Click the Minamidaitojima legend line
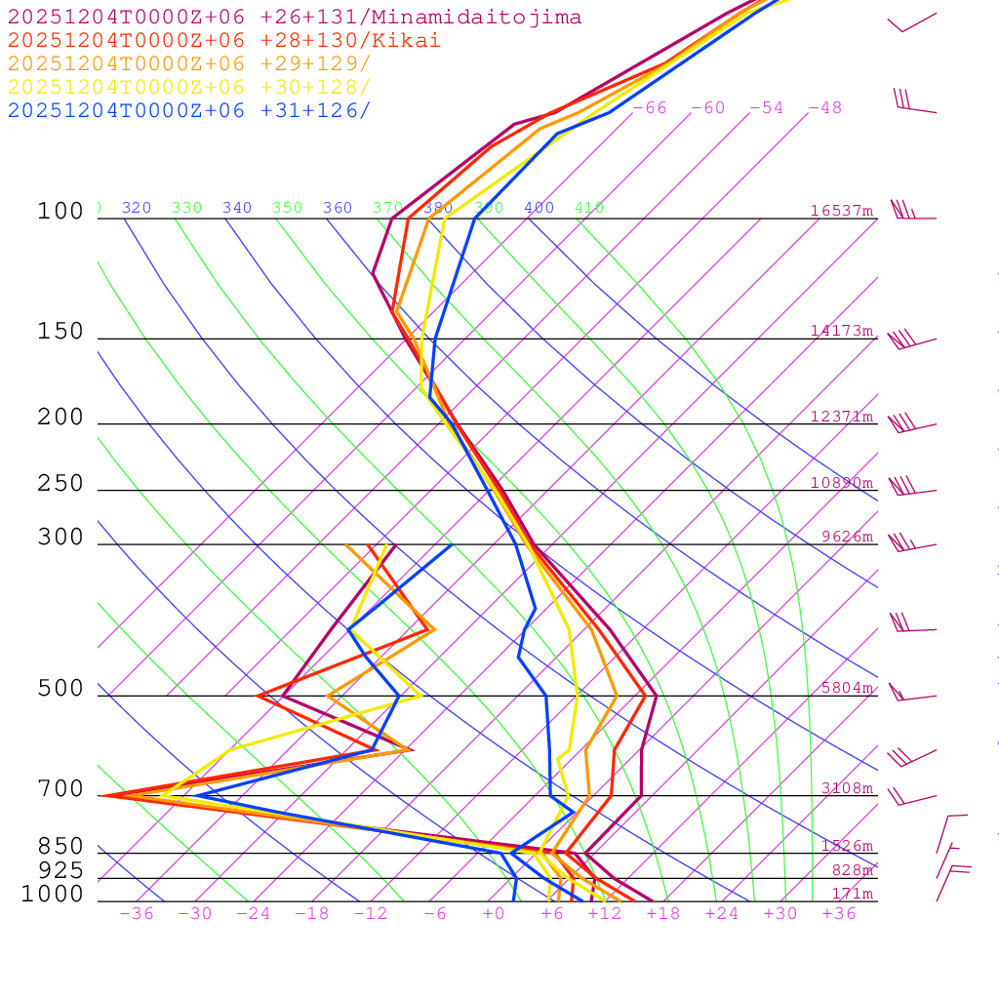pos(295,18)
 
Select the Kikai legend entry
pos(224,41)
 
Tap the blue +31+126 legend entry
pos(189,110)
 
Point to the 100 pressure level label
pos(60,212)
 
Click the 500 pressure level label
pos(60,689)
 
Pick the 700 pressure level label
pos(60,789)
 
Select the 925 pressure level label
pos(60,869)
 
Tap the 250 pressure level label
pos(60,484)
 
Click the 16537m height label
pos(842,211)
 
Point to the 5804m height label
pos(847,688)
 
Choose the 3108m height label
pos(847,788)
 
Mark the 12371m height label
pos(842,417)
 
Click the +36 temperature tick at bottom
pos(839,914)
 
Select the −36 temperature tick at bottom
pos(137,914)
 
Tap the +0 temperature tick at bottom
pos(494,914)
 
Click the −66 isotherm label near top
pos(650,108)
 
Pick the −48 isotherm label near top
pos(825,108)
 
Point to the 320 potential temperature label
pos(137,208)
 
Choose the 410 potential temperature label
pos(589,208)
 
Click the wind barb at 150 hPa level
pos(911,340)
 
